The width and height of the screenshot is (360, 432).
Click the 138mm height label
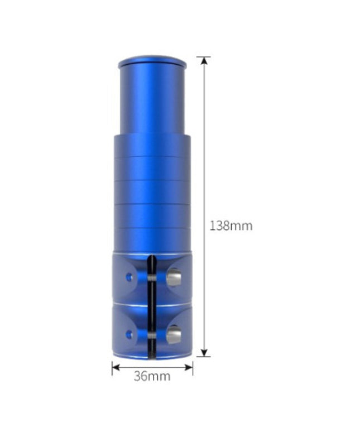pos(231,225)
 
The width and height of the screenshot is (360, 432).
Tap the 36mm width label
pos(152,376)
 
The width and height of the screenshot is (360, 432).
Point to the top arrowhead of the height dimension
pos(204,60)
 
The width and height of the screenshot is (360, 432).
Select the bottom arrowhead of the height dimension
pos(204,352)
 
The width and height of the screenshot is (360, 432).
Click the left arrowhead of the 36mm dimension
pos(116,367)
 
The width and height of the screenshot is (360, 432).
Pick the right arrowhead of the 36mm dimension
pos(189,367)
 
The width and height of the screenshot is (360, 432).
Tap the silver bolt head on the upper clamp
pos(174,277)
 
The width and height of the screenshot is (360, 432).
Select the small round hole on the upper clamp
pos(128,277)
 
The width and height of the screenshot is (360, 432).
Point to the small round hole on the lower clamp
pos(128,334)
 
